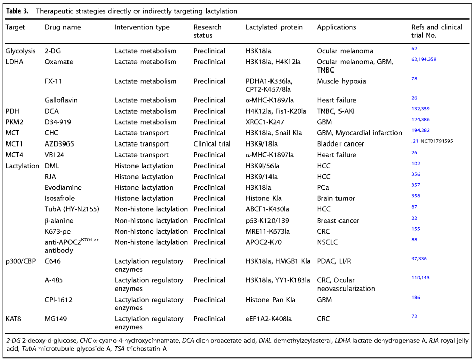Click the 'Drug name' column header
62,27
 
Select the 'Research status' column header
208,31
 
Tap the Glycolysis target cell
20,51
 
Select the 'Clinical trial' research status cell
212,144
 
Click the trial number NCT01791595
437,141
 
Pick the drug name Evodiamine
63,188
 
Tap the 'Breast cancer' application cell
338,221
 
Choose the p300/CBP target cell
21,261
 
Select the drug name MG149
56,319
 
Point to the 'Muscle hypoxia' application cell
342,81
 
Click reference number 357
416,185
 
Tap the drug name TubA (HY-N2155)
72,209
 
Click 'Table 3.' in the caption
17,11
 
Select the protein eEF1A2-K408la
268,319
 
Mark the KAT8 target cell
13,319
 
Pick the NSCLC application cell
327,242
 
